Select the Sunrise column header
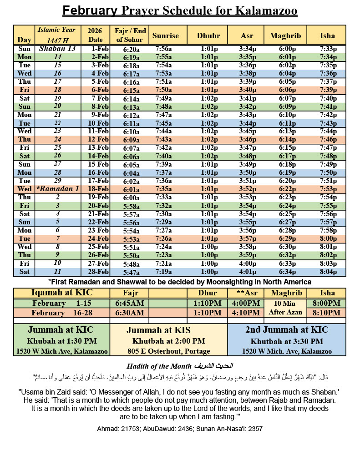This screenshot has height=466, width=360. [x=166, y=35]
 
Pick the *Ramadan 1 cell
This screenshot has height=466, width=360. [x=57, y=189]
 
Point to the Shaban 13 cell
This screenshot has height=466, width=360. [x=57, y=49]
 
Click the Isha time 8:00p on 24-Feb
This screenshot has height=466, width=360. [x=328, y=238]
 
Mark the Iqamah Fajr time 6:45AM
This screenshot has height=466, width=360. [x=130, y=303]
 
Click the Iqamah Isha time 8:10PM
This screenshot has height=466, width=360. [x=327, y=313]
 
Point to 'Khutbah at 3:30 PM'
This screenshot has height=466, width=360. [x=287, y=341]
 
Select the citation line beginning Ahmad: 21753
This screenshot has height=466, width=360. [x=180, y=429]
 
